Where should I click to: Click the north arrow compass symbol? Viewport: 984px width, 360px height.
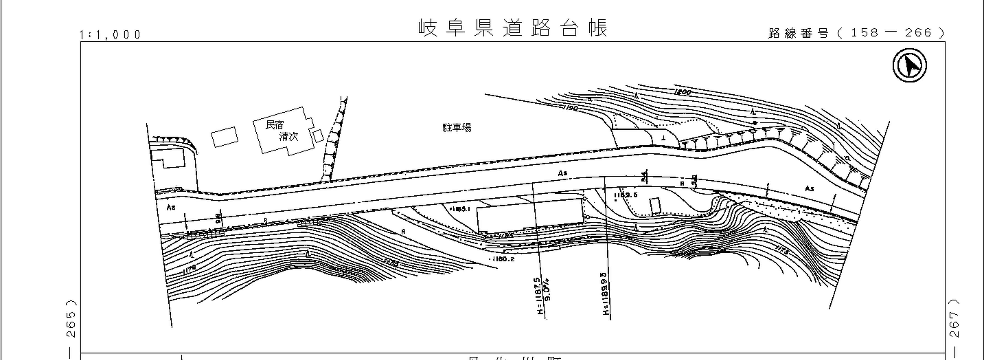pyautogui.click(x=910, y=65)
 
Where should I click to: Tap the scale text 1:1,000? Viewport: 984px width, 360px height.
pyautogui.click(x=110, y=35)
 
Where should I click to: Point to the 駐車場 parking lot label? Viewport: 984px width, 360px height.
pyautogui.click(x=457, y=128)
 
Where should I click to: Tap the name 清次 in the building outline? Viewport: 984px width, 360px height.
pyautogui.click(x=288, y=136)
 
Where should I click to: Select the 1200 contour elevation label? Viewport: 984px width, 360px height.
pyautogui.click(x=682, y=92)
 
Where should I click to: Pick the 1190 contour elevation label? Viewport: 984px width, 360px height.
pyautogui.click(x=571, y=108)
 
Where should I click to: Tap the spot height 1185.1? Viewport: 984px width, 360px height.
pyautogui.click(x=460, y=209)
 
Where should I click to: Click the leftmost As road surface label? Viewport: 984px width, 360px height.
pyautogui.click(x=171, y=207)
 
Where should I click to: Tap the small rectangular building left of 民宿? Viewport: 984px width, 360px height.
pyautogui.click(x=225, y=137)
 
